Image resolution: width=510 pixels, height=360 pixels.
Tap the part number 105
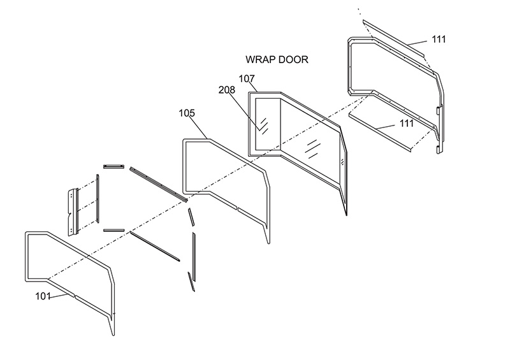187,113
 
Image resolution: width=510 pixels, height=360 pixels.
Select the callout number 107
247,78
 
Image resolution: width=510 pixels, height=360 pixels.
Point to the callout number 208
226,90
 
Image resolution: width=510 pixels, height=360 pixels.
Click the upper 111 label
439,39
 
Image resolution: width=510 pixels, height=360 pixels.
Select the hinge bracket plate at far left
73,210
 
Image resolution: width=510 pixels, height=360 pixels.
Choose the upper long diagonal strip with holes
158,184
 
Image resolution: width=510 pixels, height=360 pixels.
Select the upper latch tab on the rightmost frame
439,110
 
